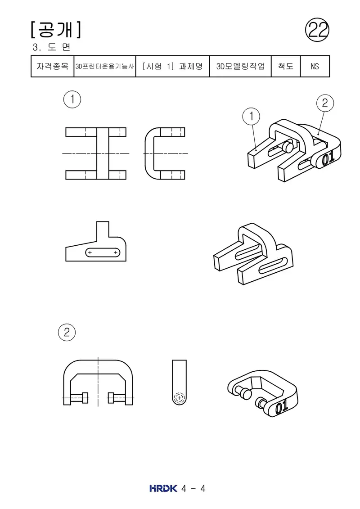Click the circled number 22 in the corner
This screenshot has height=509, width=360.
[317, 30]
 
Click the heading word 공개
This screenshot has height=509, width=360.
[56, 30]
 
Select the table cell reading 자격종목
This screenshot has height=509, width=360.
[53, 66]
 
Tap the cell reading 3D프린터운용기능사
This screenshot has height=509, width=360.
[105, 66]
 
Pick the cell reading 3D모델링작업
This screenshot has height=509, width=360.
[241, 66]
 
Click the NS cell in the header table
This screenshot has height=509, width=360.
[315, 66]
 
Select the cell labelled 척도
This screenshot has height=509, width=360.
[286, 66]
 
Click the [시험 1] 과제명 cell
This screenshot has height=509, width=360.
[173, 66]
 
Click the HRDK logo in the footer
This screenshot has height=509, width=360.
[164, 488]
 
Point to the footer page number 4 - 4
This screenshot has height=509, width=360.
[193, 489]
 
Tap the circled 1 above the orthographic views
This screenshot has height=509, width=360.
[72, 99]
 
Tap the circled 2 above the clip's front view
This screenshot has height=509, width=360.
[67, 332]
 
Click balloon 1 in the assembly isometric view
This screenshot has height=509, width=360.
[251, 116]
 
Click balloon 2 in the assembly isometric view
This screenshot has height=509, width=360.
[325, 103]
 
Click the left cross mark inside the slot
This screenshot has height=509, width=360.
[90, 252]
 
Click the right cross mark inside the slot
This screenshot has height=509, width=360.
[116, 252]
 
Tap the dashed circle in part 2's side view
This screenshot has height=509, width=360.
[179, 398]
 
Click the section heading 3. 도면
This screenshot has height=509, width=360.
[52, 47]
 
